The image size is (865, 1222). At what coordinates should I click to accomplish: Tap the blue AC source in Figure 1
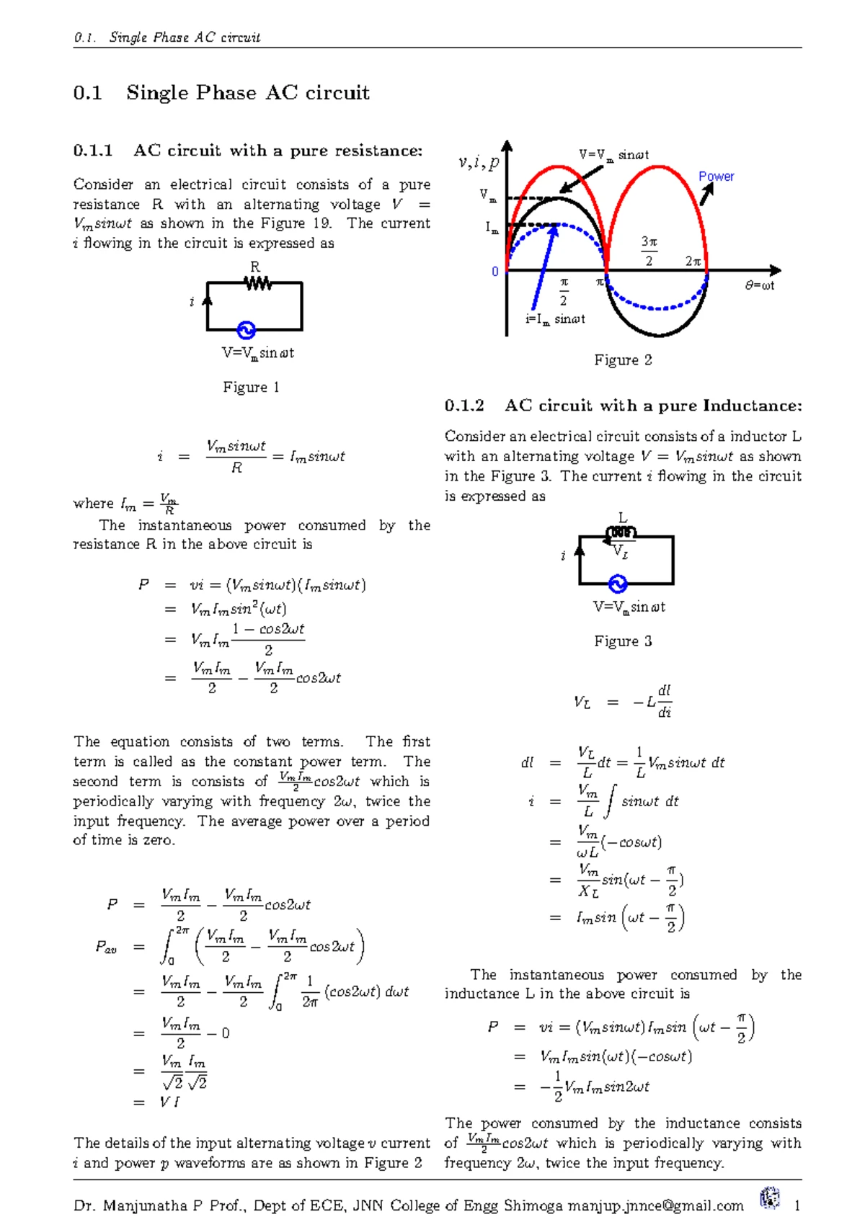point(246,330)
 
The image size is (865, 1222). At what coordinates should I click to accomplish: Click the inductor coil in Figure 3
point(621,533)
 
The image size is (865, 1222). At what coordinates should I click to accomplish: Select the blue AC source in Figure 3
point(618,584)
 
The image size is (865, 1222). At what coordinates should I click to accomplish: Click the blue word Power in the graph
point(716,177)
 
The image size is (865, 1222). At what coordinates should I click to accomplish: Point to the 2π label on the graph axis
point(693,262)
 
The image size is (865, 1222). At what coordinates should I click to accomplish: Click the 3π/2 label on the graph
point(649,251)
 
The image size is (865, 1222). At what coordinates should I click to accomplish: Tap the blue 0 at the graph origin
point(495,272)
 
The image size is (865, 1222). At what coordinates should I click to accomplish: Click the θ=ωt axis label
point(760,285)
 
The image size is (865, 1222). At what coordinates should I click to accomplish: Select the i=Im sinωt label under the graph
point(555,319)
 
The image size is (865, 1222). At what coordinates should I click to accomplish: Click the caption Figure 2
point(623,360)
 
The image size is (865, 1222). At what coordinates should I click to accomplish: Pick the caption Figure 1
point(251,388)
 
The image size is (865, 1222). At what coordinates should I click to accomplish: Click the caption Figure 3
point(623,641)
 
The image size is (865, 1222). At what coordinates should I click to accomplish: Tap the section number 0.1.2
point(464,406)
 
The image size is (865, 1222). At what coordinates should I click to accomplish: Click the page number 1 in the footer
point(797,1205)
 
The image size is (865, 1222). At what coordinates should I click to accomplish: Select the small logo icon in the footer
point(770,1198)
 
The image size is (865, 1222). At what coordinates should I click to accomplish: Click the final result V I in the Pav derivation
point(170,1102)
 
